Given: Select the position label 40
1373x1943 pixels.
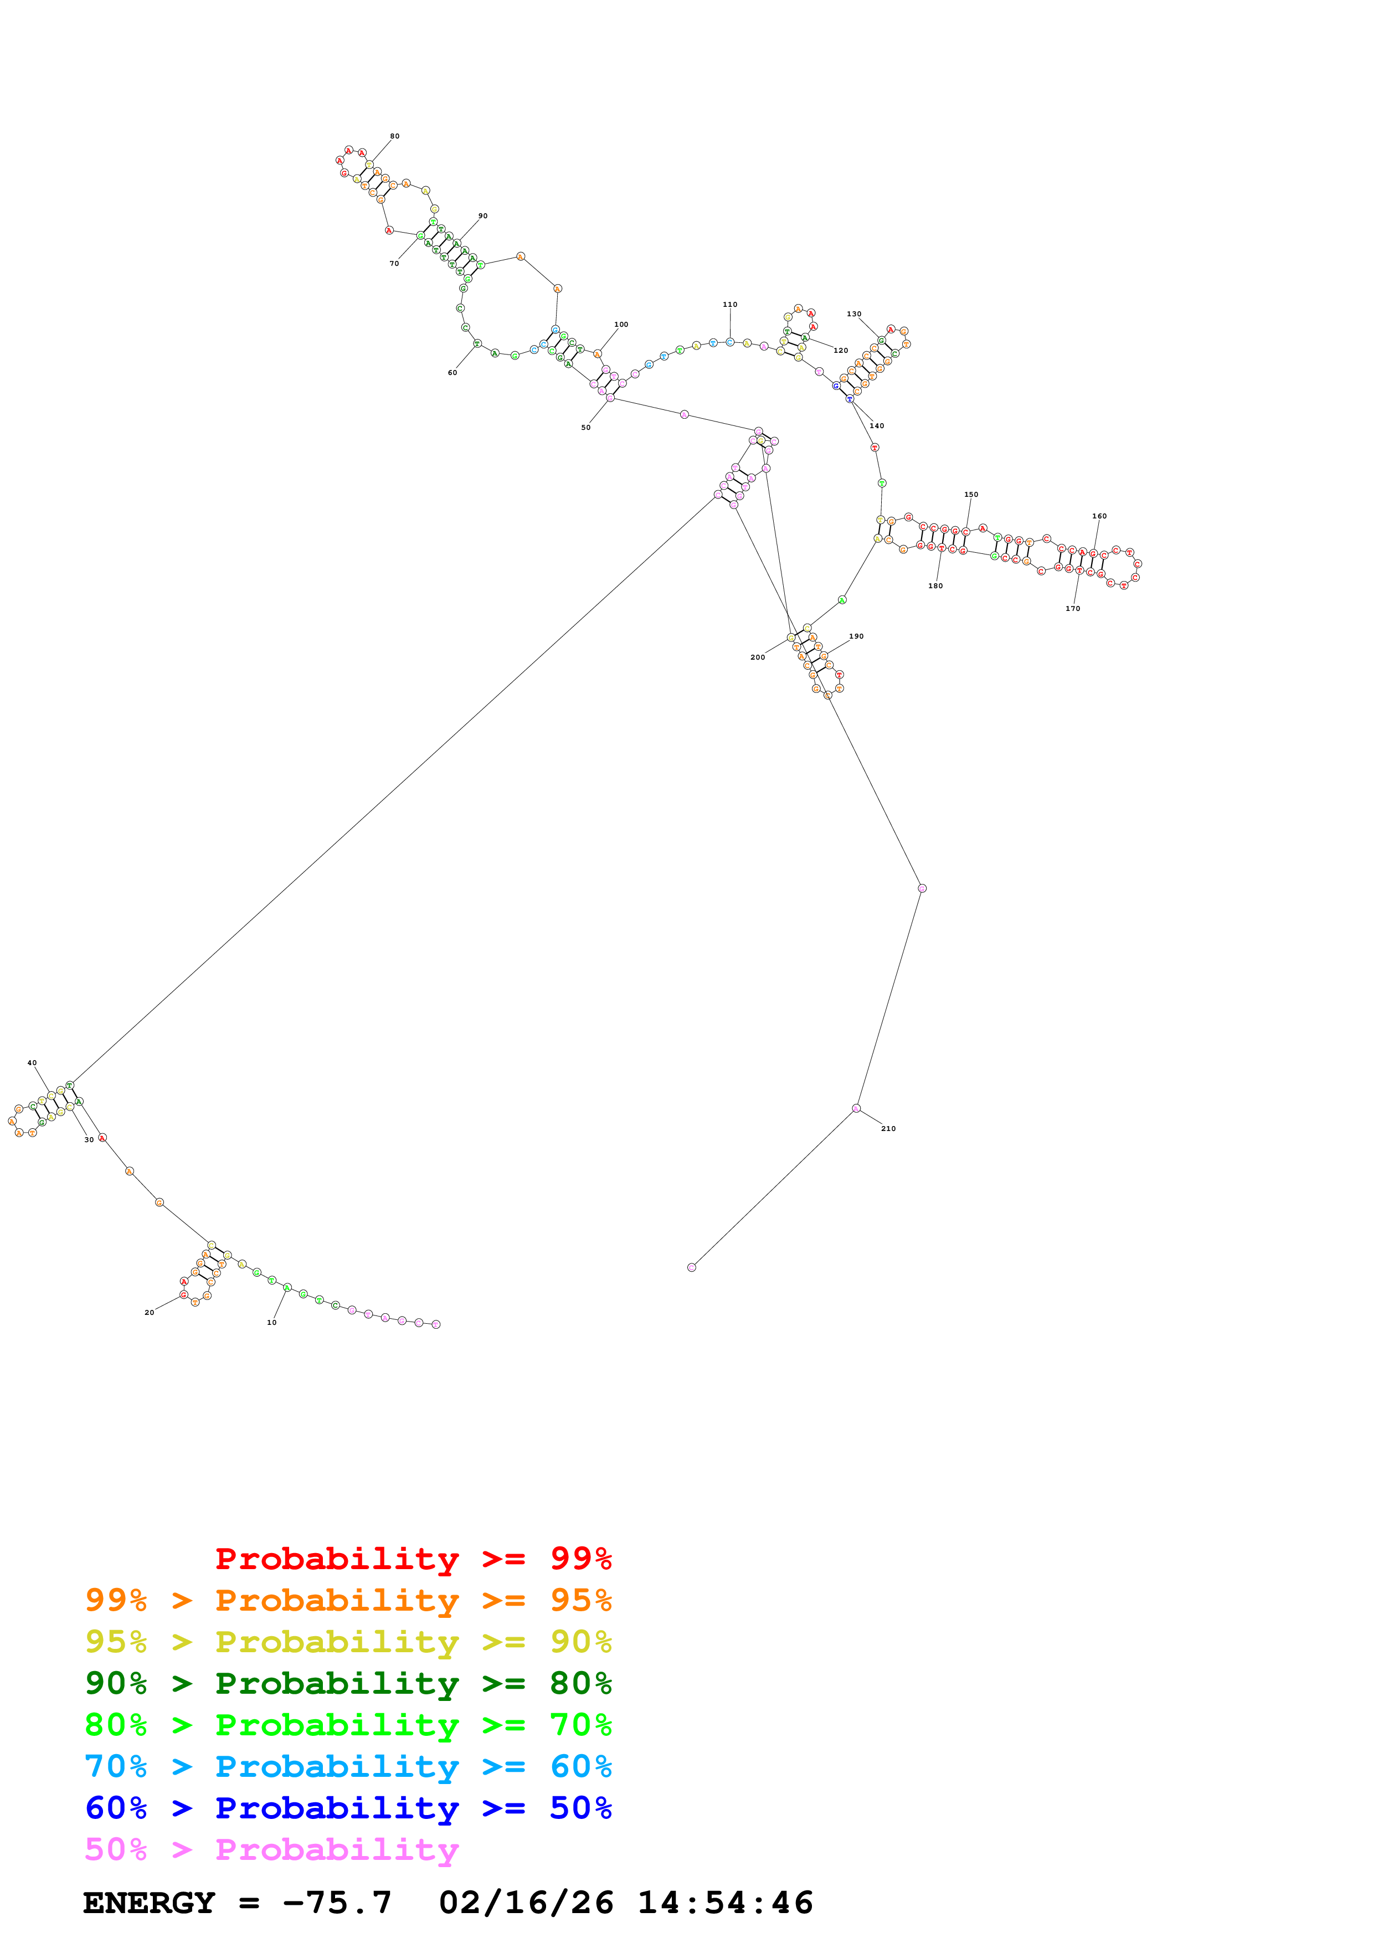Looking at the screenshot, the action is [32, 1063].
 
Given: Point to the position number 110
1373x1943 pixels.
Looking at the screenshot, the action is [729, 305].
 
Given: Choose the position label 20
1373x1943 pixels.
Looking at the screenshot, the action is [149, 1313].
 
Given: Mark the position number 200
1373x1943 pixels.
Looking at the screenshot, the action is [757, 657].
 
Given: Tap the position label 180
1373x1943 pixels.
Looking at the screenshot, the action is [935, 585].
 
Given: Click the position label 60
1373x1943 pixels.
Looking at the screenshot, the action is [452, 372].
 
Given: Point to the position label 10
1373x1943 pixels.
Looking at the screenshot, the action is [271, 1323].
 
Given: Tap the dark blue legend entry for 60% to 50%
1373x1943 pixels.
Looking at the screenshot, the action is [348, 1808].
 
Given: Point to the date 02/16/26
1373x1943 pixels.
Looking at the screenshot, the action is [526, 1903].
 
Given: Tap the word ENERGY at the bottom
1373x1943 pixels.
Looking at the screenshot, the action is [149, 1903].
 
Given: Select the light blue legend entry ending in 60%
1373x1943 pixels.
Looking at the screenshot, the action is [348, 1766].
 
